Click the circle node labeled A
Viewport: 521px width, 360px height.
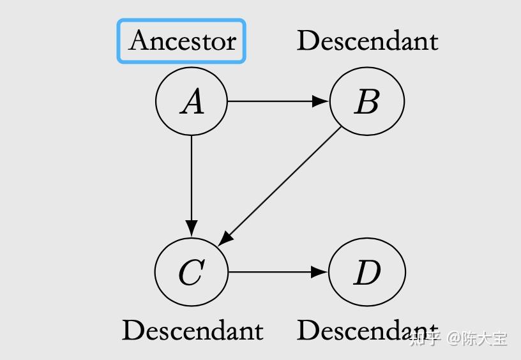[x=192, y=101]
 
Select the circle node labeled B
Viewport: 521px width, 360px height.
[x=366, y=101]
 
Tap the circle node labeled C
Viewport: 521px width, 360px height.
[x=191, y=273]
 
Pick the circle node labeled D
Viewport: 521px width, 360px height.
[x=366, y=273]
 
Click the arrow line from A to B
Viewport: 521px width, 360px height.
[x=271, y=101]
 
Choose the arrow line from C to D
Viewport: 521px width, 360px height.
[x=271, y=272]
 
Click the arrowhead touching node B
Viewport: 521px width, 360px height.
[x=321, y=101]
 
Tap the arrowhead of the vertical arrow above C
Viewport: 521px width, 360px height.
[x=192, y=229]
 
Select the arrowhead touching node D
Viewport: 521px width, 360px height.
[x=321, y=272]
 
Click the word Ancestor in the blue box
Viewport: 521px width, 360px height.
[x=182, y=41]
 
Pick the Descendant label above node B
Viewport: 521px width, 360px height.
[x=367, y=41]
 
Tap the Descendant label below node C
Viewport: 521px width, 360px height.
[x=192, y=330]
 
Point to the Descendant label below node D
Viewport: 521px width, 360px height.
[x=358, y=330]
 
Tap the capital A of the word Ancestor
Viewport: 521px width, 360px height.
[x=140, y=41]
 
